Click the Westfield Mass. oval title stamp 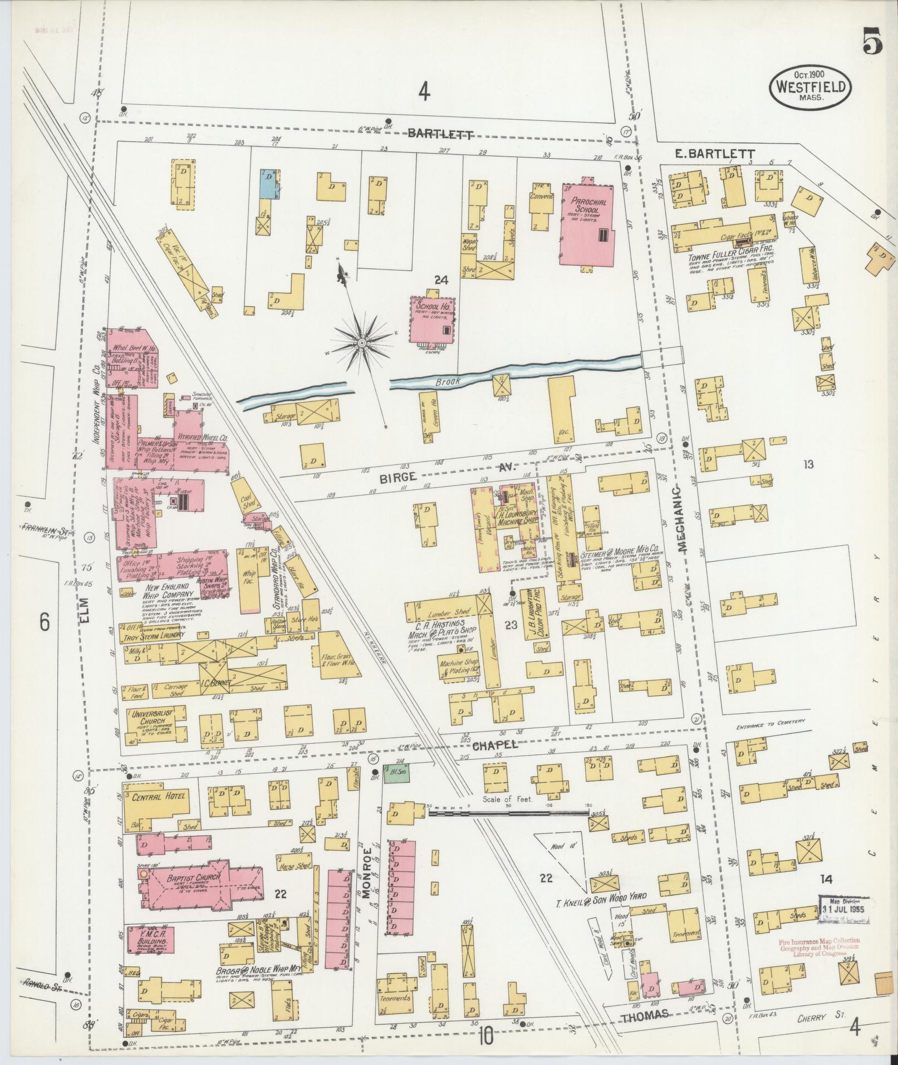[x=810, y=89]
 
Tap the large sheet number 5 [x=872, y=43]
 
